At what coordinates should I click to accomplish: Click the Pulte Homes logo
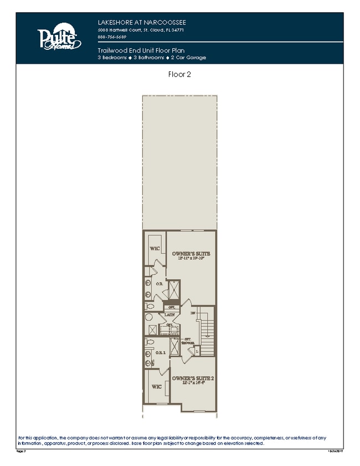tap(59, 38)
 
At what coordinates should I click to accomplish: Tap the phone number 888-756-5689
tap(112, 37)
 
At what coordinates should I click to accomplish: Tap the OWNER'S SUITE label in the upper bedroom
tap(192, 253)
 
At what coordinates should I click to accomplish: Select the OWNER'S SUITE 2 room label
tap(192, 378)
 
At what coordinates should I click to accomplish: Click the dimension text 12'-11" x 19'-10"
tap(192, 258)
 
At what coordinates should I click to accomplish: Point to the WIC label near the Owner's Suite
tap(155, 248)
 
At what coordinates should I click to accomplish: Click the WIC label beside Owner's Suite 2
tap(156, 386)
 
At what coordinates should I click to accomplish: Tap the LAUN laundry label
tap(170, 315)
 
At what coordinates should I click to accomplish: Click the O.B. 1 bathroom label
tap(161, 352)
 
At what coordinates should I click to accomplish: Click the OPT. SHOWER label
tap(188, 341)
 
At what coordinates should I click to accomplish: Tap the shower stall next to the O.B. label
tap(174, 290)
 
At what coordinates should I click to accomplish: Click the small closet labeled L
tap(197, 351)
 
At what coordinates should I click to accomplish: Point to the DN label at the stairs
tap(193, 314)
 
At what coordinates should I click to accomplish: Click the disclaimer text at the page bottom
tap(172, 441)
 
